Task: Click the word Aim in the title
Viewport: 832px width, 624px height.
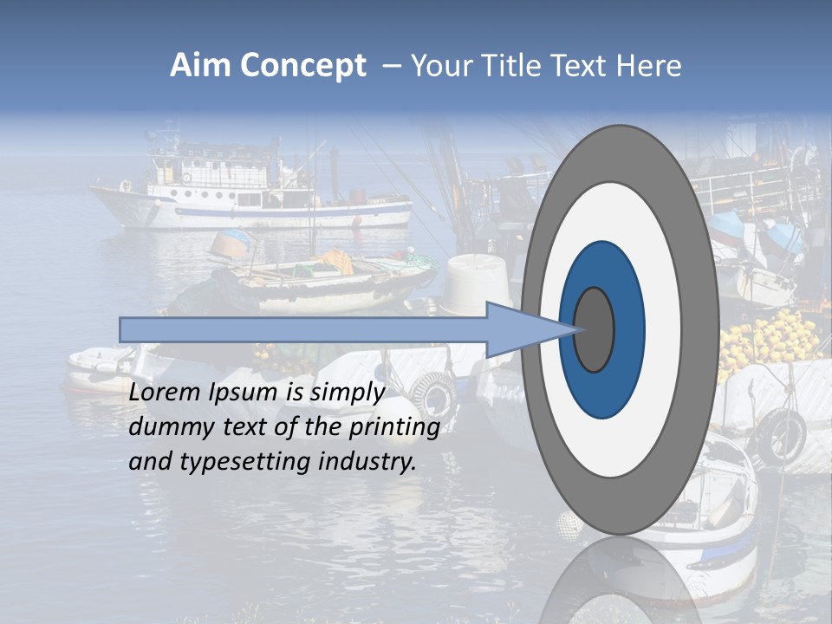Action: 200,66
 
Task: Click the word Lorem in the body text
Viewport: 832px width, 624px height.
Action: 164,393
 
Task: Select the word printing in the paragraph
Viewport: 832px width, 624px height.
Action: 394,427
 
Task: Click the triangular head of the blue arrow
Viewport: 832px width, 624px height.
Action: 529,329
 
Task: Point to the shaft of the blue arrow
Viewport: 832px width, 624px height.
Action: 303,329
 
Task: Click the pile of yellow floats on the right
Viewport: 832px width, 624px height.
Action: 767,342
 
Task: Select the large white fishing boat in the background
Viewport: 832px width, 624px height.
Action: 251,195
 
